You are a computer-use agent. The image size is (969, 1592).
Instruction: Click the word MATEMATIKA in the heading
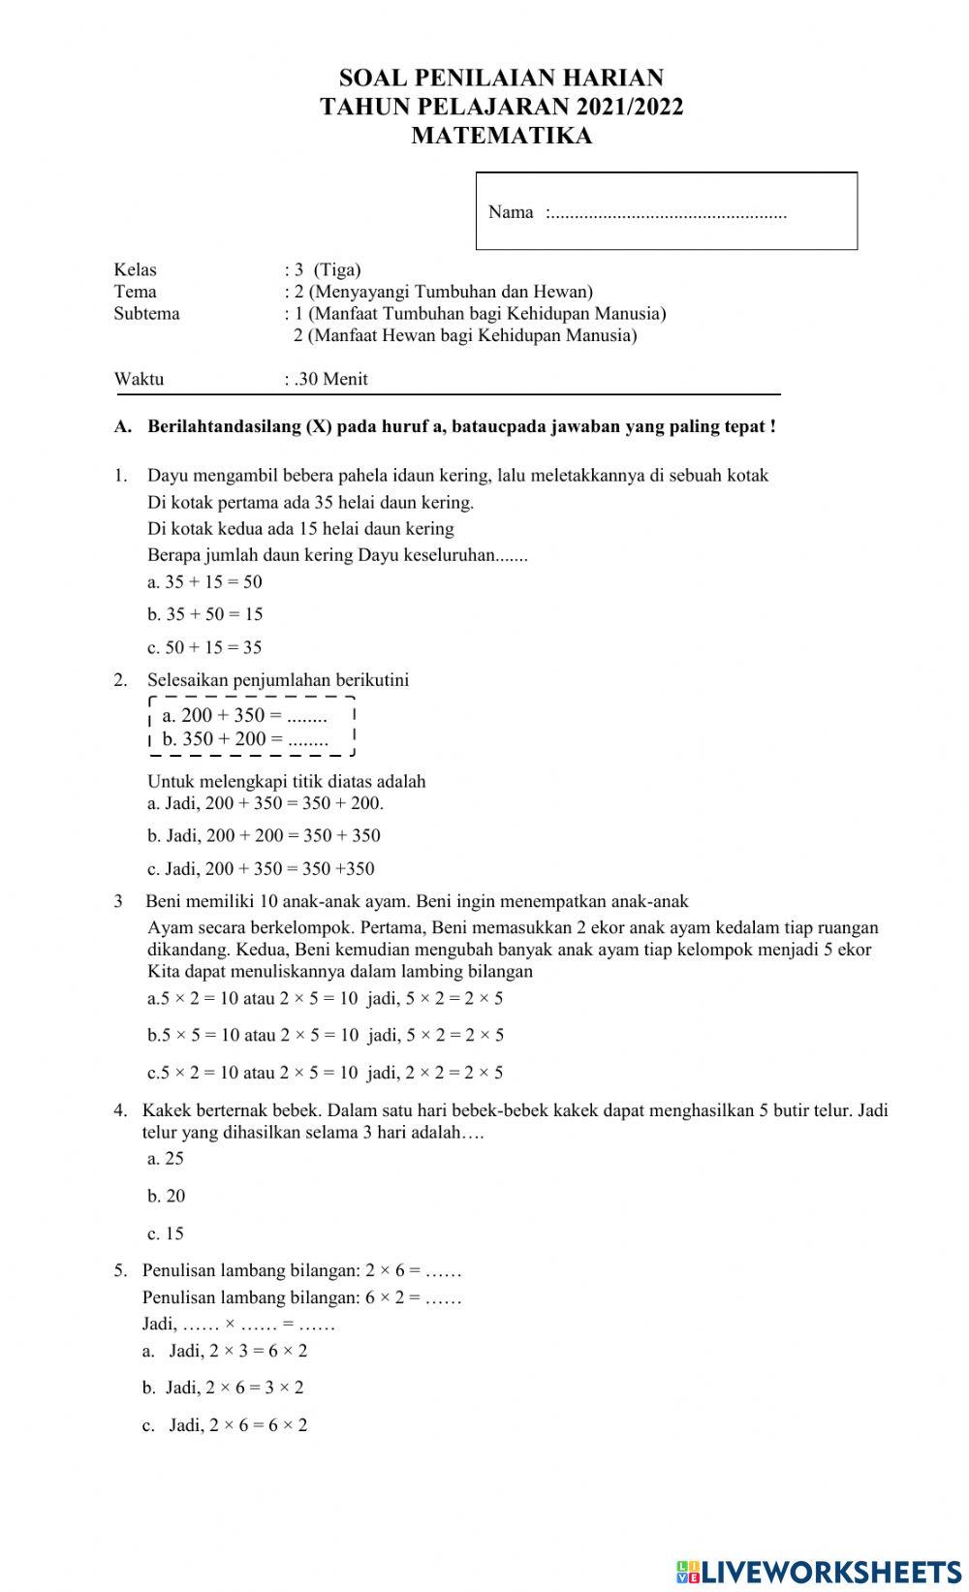[501, 136]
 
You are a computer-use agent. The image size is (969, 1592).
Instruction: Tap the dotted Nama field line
[667, 213]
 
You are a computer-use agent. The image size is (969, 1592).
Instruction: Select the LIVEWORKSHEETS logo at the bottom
[819, 1571]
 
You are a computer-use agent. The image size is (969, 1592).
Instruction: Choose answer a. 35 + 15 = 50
[204, 582]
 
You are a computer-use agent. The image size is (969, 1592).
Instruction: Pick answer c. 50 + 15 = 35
[204, 647]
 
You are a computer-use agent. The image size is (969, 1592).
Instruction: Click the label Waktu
[139, 379]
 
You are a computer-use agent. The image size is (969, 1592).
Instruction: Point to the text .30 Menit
[330, 379]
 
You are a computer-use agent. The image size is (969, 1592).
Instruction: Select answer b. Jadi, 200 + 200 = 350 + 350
[264, 835]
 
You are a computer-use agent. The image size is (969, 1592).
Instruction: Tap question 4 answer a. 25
[166, 1158]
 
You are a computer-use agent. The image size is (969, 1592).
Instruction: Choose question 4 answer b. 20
[166, 1196]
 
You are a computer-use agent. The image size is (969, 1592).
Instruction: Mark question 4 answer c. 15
[166, 1233]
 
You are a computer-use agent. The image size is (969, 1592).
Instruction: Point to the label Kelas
[135, 269]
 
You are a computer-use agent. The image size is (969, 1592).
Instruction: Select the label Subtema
[146, 313]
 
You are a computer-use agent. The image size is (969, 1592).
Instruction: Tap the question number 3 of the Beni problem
[118, 901]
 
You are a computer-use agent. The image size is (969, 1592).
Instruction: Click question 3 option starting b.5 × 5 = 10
[325, 1035]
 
